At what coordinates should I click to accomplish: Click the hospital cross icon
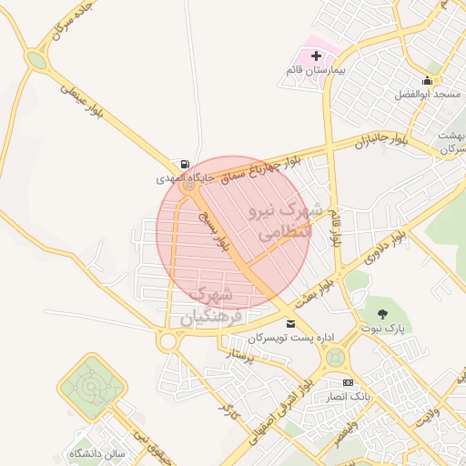(x=316, y=56)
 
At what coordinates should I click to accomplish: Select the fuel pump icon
(x=186, y=164)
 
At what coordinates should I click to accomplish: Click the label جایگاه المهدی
(x=186, y=179)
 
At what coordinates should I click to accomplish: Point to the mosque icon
(x=428, y=80)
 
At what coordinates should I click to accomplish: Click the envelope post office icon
(x=290, y=323)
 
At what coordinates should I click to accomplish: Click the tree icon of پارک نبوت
(x=381, y=314)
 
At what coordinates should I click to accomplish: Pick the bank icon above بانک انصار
(x=348, y=383)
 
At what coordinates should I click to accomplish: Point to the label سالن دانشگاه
(x=95, y=452)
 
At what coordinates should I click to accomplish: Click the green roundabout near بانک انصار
(x=336, y=358)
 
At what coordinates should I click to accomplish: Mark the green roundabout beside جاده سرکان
(x=36, y=60)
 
